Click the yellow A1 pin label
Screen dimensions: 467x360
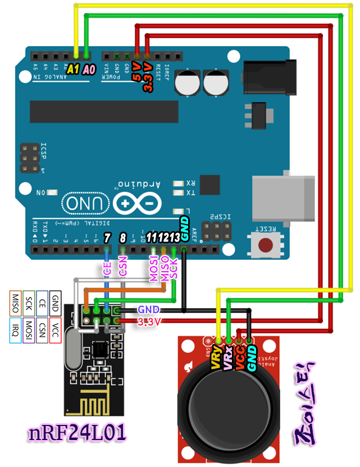73,70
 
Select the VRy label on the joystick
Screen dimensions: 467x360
216,358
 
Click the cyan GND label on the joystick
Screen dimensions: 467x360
252,358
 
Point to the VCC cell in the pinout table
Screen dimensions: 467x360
55,326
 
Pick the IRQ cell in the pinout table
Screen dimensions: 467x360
15,326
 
